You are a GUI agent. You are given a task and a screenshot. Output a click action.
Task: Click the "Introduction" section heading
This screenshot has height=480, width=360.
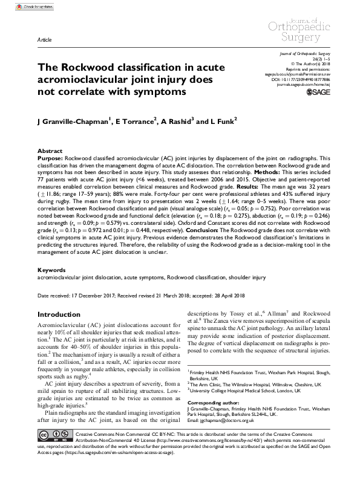[63, 315]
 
